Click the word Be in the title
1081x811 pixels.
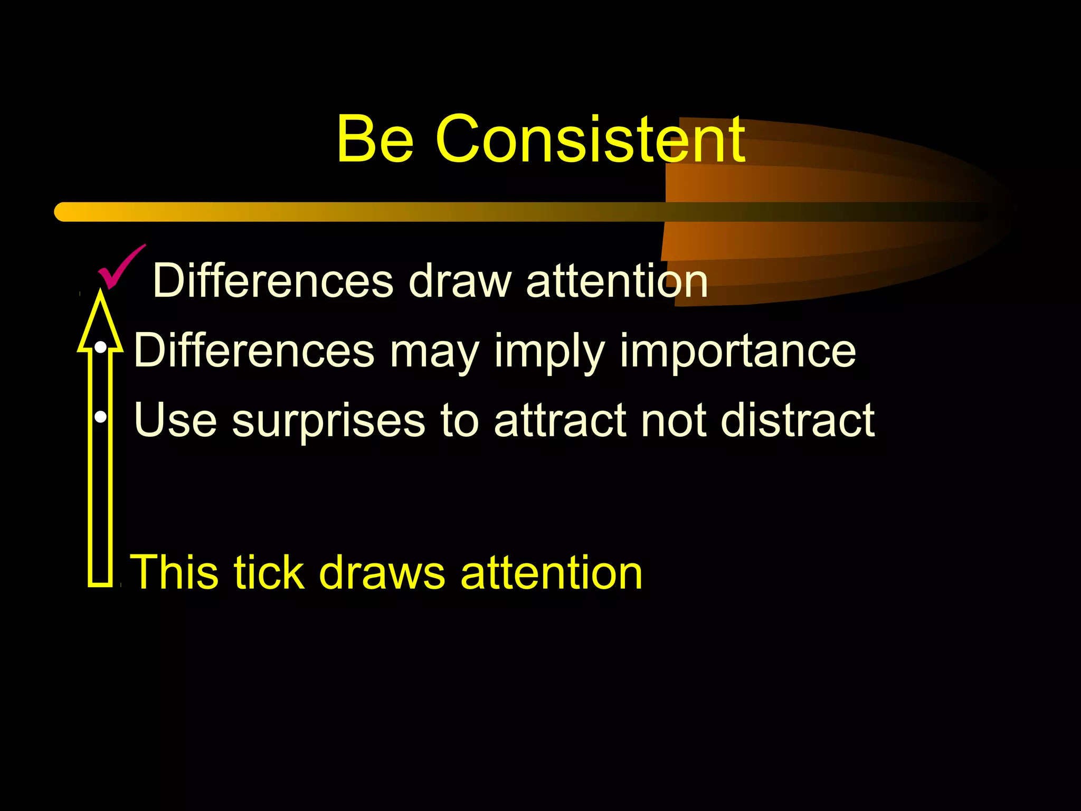tap(375, 139)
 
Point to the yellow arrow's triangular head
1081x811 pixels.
tap(100, 322)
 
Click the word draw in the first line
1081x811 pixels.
tap(460, 281)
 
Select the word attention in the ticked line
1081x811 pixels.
tap(617, 281)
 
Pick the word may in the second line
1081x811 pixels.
tap(434, 352)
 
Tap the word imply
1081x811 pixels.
tap(549, 352)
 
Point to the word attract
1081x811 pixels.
tap(560, 420)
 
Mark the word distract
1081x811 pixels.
tap(798, 420)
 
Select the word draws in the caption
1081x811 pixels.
tap(382, 572)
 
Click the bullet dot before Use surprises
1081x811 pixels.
tap(100, 417)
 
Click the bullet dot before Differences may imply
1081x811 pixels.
tap(100, 348)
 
